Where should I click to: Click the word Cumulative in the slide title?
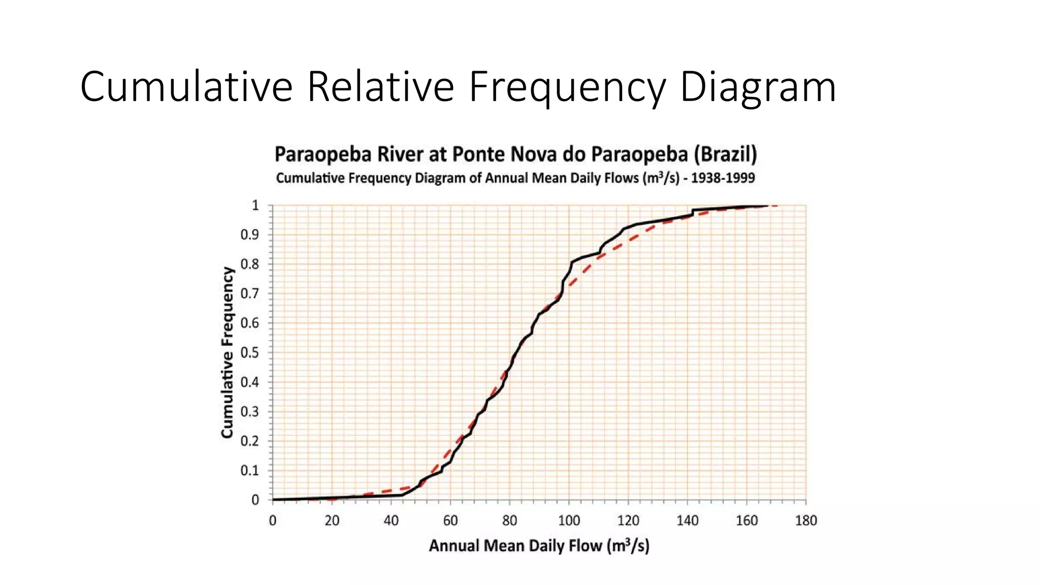[186, 87]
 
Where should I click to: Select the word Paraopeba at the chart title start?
[323, 154]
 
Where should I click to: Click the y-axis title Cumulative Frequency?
[227, 352]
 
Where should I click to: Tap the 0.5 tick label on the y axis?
[249, 352]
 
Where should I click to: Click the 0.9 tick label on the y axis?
[249, 235]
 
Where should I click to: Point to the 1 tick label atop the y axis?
[255, 206]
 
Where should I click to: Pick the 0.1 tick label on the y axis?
[249, 470]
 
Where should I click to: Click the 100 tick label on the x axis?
[569, 521]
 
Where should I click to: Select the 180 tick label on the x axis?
[805, 521]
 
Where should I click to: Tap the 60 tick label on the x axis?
[450, 521]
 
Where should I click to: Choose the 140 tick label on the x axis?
[687, 521]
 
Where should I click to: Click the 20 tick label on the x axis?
[332, 521]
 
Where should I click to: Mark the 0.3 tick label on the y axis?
[249, 411]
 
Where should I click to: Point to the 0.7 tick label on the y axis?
[249, 294]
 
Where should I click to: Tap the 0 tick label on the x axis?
[273, 521]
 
